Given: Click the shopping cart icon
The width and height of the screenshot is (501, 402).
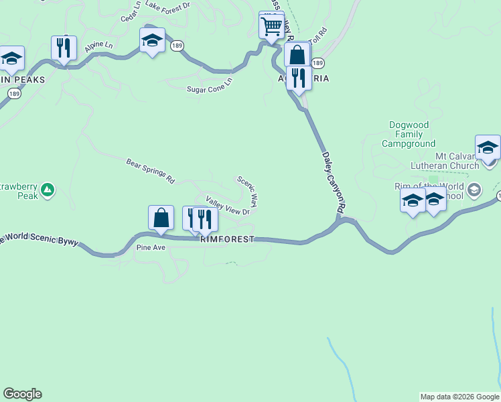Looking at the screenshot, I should tap(271, 27).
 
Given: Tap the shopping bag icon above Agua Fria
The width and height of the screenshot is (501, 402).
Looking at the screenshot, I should tap(297, 56).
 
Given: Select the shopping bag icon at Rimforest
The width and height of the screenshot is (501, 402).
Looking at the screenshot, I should tap(161, 218).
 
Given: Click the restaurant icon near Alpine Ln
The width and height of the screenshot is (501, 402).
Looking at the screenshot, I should tap(64, 48).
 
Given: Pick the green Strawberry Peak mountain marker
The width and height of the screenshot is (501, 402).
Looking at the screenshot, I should tap(47, 191).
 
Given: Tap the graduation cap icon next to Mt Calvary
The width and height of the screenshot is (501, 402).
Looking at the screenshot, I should tap(488, 147).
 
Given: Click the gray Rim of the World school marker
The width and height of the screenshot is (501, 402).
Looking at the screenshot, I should tap(475, 190).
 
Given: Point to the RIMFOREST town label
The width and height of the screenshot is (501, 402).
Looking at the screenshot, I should tap(227, 239).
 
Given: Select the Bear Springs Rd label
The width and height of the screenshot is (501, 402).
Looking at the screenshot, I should tap(150, 171).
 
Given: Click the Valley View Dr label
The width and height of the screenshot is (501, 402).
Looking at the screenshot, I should tap(228, 206).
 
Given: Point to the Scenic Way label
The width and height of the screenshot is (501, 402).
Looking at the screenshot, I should tap(246, 191).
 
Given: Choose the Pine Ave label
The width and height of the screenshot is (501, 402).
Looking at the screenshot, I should tap(151, 247).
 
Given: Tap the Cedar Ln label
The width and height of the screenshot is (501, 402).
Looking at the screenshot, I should tap(131, 12).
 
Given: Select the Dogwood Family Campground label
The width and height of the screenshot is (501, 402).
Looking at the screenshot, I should tap(409, 134).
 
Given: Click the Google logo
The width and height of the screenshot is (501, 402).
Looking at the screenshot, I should tap(22, 394).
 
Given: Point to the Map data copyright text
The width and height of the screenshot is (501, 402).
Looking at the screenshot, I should tap(460, 397).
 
